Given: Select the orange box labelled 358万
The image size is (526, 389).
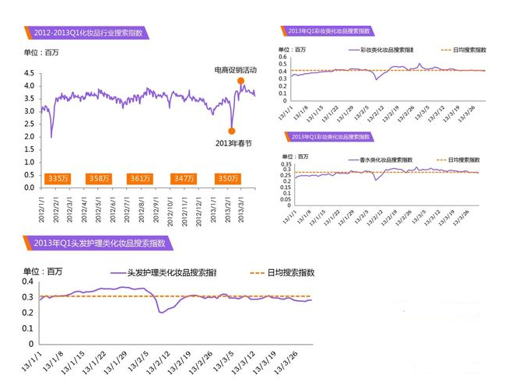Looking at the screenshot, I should click(x=100, y=178).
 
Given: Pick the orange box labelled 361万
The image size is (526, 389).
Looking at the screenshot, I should click(x=141, y=178).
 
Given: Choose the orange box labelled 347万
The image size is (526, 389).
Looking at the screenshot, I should click(x=184, y=178).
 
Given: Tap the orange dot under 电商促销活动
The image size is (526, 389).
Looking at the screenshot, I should click(x=241, y=81).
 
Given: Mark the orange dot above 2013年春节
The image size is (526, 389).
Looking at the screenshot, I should click(x=232, y=131).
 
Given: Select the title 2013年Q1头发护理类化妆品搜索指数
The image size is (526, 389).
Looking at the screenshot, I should click(x=100, y=243).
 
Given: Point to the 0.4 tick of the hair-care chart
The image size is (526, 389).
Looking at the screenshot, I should click(x=30, y=283).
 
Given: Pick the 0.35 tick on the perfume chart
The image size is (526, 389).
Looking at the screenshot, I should click(x=285, y=164).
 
